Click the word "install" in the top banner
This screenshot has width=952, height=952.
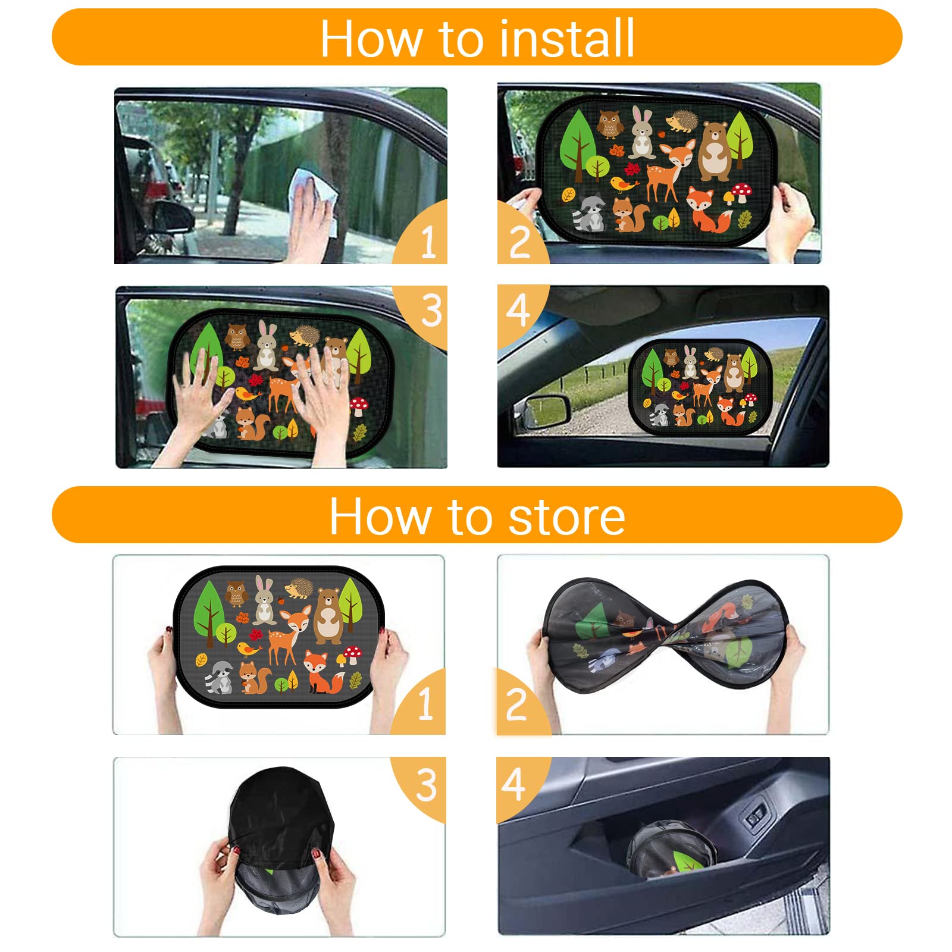click(x=567, y=37)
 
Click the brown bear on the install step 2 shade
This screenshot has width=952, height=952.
click(x=713, y=151)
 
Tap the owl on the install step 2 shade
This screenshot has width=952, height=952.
click(x=608, y=124)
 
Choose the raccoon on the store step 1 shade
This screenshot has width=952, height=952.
click(x=220, y=677)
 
